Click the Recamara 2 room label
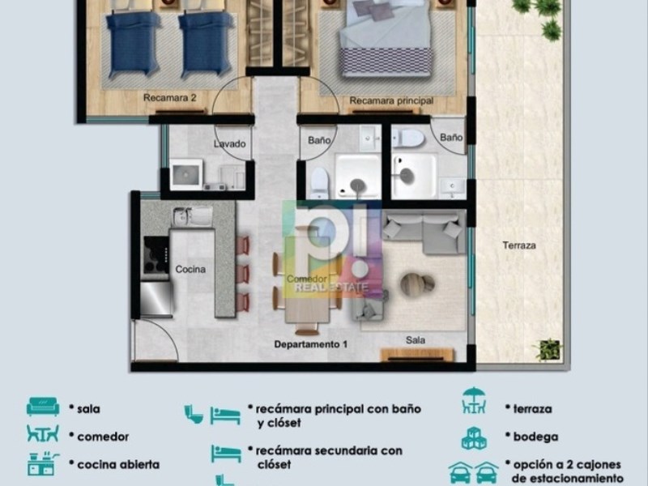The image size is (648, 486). [169, 98]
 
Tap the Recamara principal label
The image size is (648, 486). [391, 100]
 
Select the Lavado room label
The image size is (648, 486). [230, 144]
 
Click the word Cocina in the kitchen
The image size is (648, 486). [190, 270]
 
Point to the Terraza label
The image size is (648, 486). [519, 245]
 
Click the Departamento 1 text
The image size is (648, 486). [311, 344]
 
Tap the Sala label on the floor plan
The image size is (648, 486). [416, 340]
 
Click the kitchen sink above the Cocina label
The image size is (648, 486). [192, 216]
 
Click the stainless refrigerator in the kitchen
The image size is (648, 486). [156, 299]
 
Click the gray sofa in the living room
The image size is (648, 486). [424, 232]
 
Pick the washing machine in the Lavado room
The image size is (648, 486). [186, 174]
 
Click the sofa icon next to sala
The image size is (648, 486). [43, 407]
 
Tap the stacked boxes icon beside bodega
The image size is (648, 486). [474, 438]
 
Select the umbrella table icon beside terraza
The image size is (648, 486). [474, 400]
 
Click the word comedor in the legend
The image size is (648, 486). [103, 437]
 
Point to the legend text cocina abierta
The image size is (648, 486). [118, 464]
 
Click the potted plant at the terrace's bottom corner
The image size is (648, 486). [548, 350]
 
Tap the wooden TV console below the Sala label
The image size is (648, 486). [417, 355]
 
